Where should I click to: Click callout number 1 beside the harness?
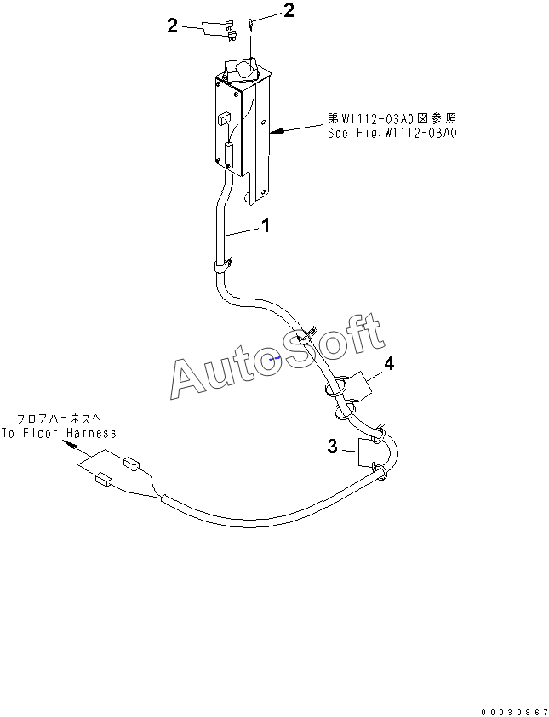[x=266, y=226]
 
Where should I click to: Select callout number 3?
[x=333, y=445]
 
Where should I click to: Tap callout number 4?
[x=388, y=363]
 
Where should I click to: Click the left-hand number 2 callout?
[x=173, y=26]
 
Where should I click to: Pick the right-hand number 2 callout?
[x=289, y=11]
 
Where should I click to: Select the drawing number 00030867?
[x=512, y=709]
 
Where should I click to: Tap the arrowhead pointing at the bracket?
[x=274, y=132]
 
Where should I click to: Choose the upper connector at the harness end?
[x=132, y=464]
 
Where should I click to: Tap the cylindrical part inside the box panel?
[x=227, y=156]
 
